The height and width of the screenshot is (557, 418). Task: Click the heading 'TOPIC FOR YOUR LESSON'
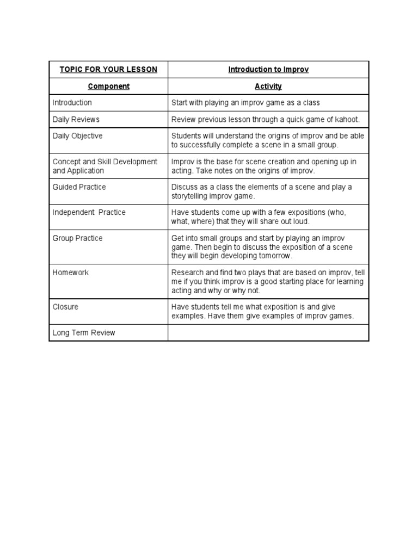[x=108, y=70]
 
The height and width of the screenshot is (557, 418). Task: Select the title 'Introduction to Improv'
[x=268, y=70]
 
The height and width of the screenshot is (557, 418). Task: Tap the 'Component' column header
[x=108, y=86]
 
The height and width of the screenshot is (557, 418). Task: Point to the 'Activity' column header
[x=268, y=86]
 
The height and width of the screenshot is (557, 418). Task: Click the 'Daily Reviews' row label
[x=76, y=119]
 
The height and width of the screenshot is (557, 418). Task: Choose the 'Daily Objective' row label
[x=77, y=136]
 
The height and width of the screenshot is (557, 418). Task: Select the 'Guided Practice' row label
[x=79, y=187]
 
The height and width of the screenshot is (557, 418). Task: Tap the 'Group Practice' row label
[x=77, y=238]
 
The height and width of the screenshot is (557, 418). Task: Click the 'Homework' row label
[x=71, y=273]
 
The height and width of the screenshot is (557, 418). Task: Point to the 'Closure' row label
[x=65, y=307]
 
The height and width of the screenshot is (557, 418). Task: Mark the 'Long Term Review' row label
[x=84, y=332]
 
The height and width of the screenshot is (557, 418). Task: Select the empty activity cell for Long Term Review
[x=268, y=332]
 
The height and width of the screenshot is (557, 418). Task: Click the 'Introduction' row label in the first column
[x=72, y=102]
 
